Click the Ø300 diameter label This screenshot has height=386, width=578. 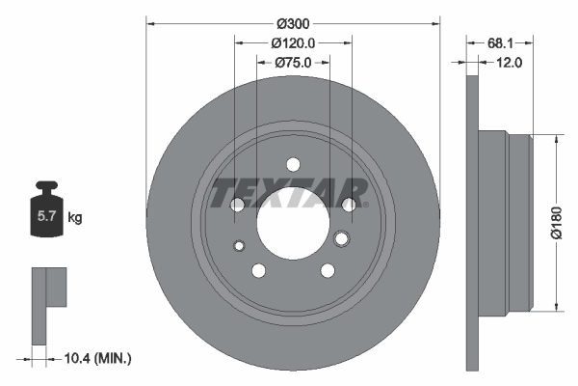point(293,24)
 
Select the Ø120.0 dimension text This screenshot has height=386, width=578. point(293,43)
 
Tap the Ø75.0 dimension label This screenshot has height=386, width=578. point(293,63)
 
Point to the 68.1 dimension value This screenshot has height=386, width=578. point(500,43)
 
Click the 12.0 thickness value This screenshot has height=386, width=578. point(509,63)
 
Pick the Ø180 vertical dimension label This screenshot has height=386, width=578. point(557,223)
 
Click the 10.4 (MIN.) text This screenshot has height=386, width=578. point(97,358)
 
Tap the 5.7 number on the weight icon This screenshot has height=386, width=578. point(46,216)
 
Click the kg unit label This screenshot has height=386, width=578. point(75,217)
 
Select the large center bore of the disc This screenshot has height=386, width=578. point(293,224)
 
